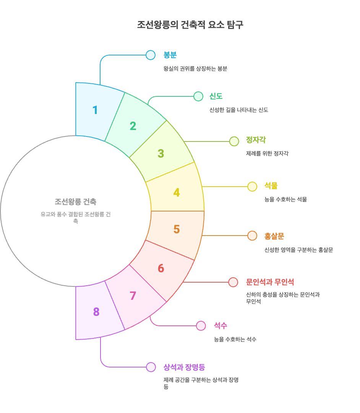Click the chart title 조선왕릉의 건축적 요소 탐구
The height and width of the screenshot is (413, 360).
tap(190, 25)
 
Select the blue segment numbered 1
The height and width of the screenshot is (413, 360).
tap(96, 110)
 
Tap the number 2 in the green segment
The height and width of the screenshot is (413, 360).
tap(133, 126)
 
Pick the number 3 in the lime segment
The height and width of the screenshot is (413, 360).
tap(161, 154)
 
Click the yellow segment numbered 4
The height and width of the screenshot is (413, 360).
tap(176, 192)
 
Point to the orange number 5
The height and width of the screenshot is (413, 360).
tap(177, 229)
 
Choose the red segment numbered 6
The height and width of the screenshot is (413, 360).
tap(161, 268)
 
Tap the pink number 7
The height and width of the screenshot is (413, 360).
tap(133, 296)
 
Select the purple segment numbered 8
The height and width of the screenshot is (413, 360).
tap(96, 312)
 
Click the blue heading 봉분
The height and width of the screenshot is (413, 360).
tap(170, 55)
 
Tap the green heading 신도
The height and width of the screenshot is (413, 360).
tap(216, 96)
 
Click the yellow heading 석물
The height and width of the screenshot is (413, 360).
tap(271, 186)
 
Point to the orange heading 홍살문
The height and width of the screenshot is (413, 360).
tap(274, 236)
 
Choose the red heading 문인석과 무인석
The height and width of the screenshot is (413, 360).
tap(270, 282)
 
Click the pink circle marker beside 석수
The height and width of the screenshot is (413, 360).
tap(201, 326)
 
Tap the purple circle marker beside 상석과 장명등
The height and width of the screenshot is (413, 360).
tap(151, 367)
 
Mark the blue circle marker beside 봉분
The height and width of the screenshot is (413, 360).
tap(151, 55)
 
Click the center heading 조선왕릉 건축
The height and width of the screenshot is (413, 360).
tap(75, 202)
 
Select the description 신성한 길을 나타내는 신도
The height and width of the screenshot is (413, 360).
tap(238, 110)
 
